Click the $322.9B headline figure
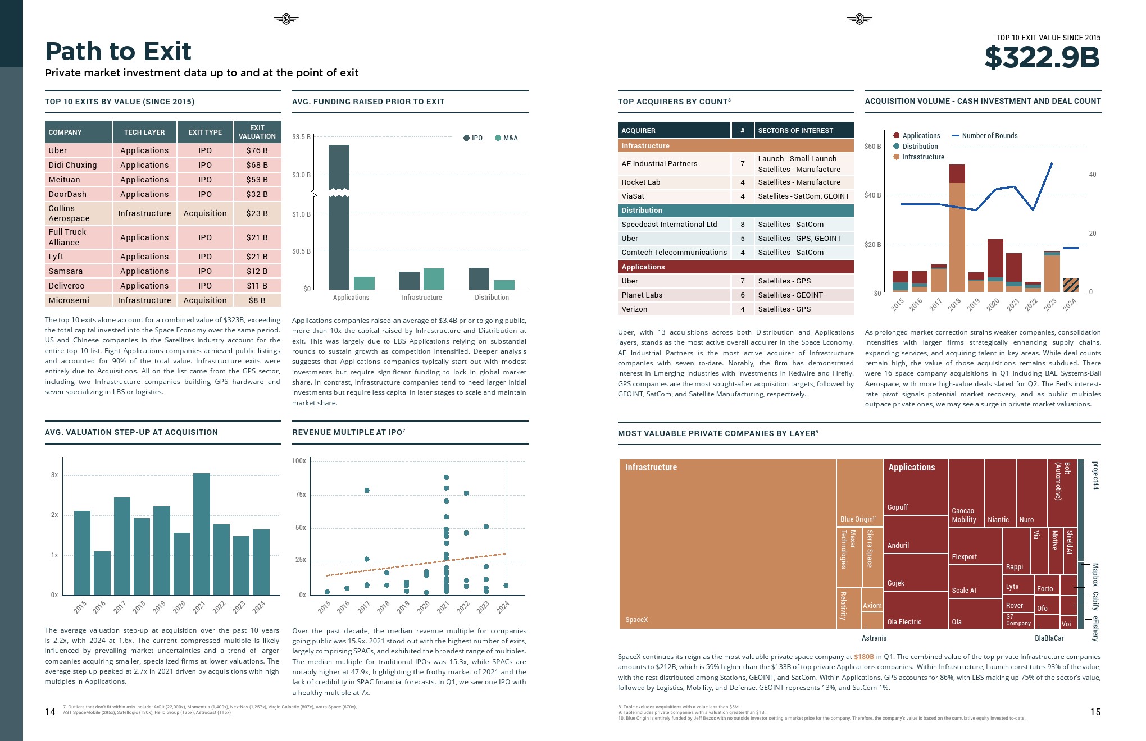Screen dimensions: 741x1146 1042,57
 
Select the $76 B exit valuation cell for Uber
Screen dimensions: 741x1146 257,150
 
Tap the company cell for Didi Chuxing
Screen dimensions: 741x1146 72,165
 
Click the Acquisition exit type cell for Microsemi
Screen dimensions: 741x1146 205,300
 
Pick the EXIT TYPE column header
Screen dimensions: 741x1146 205,132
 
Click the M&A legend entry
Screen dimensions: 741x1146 507,138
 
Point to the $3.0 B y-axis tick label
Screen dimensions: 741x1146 301,175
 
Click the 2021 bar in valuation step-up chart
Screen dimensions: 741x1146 202,533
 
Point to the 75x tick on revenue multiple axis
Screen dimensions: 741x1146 301,495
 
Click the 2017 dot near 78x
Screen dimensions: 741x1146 367,491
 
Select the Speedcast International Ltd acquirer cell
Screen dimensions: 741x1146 669,225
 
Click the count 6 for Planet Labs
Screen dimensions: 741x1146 742,295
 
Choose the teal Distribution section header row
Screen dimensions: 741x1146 735,211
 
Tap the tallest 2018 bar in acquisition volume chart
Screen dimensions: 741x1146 957,230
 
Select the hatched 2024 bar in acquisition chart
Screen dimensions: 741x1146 1071,285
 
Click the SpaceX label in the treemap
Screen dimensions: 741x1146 636,620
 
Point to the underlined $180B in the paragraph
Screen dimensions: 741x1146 864,657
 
